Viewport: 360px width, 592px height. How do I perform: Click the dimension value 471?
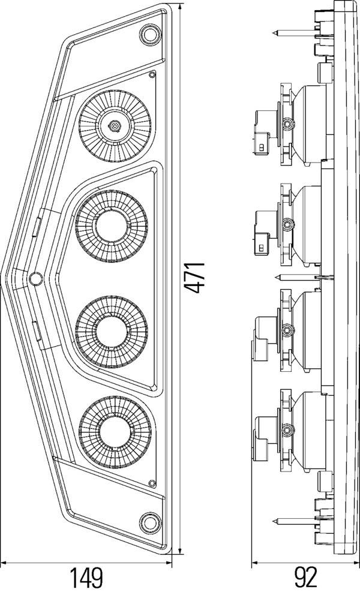point(195,277)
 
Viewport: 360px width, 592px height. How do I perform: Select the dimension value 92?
point(305,578)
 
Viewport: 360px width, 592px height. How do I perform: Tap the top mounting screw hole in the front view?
point(149,34)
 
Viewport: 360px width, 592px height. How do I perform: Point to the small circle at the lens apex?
point(35,278)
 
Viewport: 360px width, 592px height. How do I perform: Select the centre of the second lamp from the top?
point(112,226)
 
